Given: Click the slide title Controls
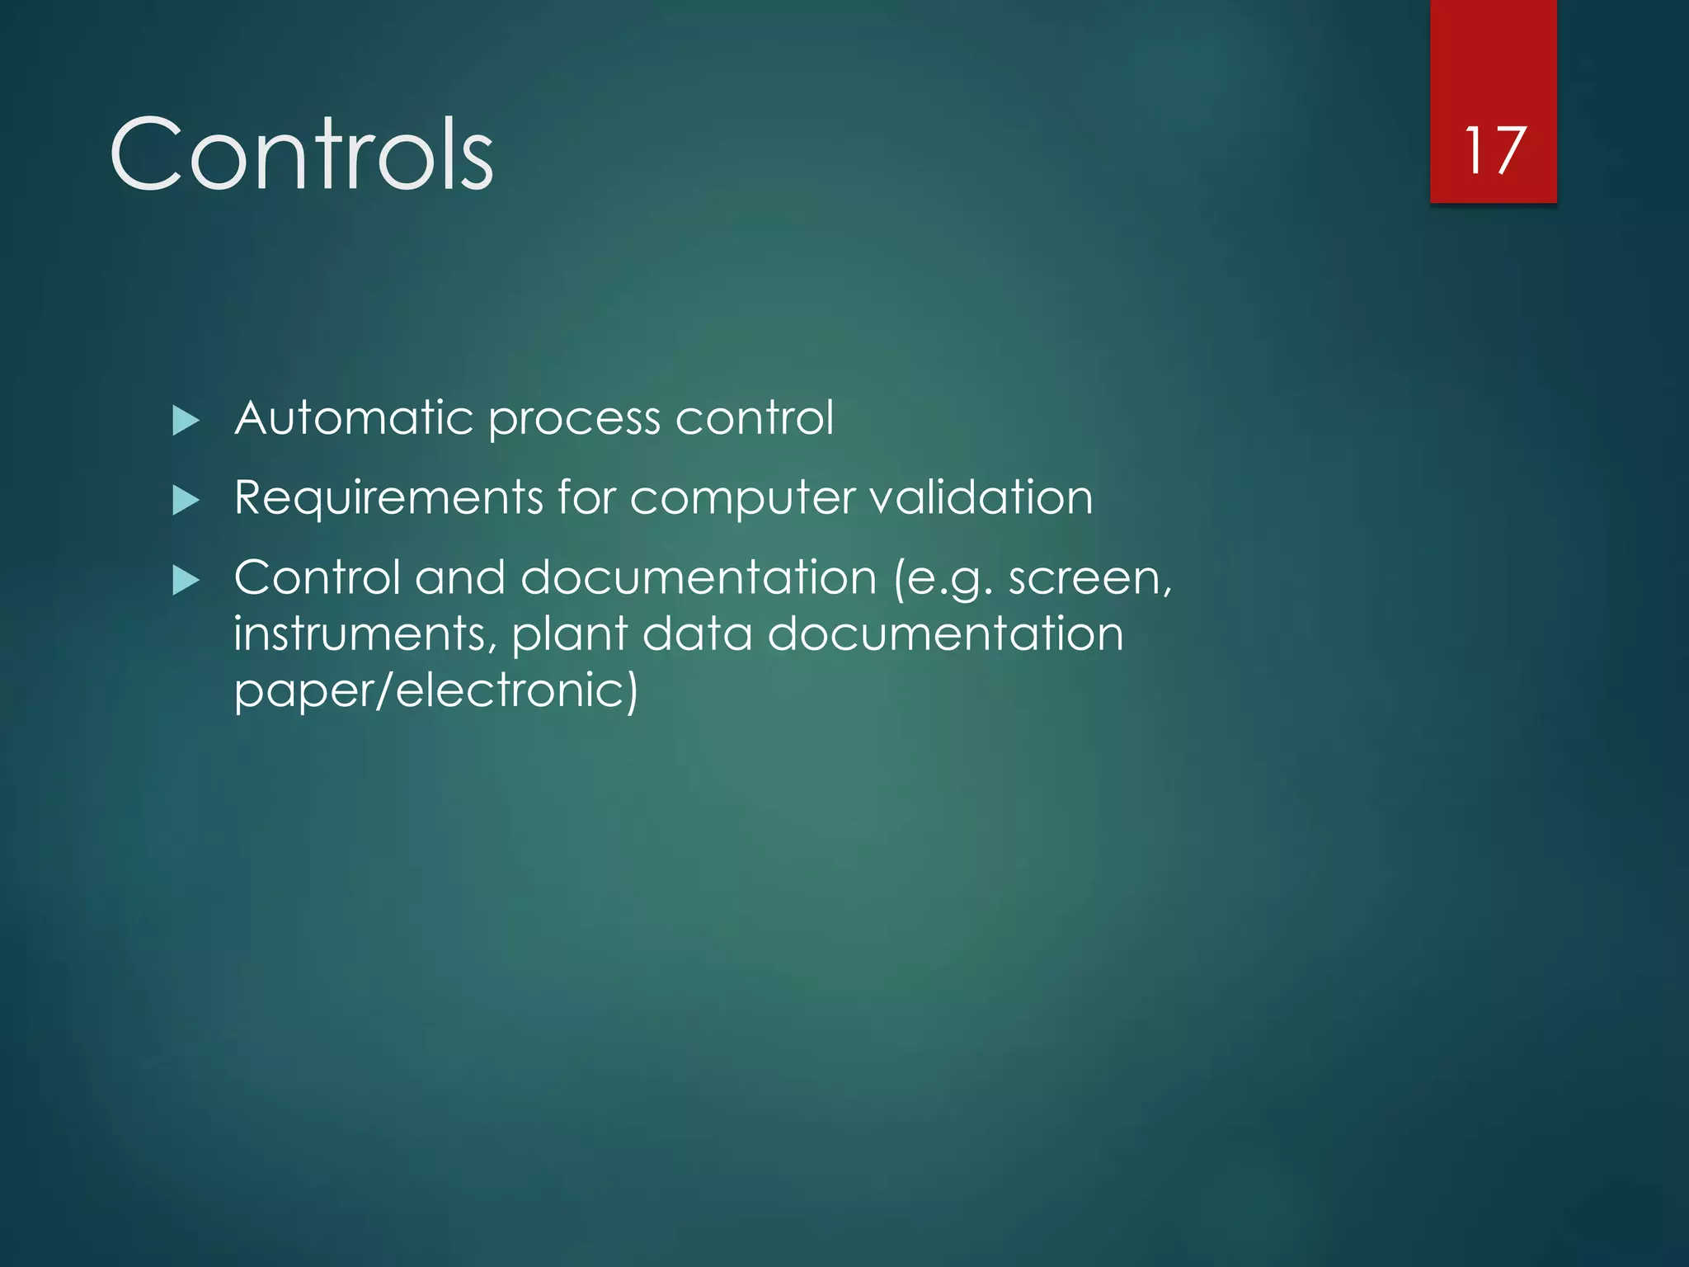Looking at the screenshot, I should click(302, 154).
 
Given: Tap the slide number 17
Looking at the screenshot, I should click(1493, 151).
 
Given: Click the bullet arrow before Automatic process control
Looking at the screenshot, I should click(186, 421).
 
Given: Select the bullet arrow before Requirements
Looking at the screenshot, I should click(186, 500).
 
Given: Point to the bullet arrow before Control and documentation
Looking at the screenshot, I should click(186, 580).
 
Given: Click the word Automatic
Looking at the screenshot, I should click(354, 417).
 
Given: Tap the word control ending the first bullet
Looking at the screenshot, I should click(754, 417).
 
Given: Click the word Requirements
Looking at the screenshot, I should click(388, 498).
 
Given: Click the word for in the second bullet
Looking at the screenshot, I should click(586, 497).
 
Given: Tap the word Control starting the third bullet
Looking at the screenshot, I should click(317, 577).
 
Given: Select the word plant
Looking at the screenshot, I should click(570, 635).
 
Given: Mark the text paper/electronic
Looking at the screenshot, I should click(435, 690).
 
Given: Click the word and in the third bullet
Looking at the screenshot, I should click(460, 577).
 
